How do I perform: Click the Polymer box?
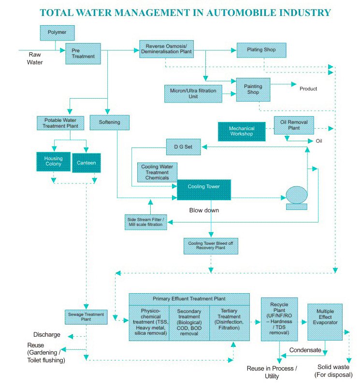click(x=57, y=33)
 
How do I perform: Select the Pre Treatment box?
click(x=83, y=54)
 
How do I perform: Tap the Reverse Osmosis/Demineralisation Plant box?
click(x=166, y=49)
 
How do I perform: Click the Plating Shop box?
click(x=261, y=50)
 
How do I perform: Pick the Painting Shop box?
click(x=253, y=89)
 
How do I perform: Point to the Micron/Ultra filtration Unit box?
click(x=193, y=93)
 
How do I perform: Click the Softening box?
click(x=109, y=122)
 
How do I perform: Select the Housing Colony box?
click(x=54, y=162)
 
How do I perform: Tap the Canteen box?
click(x=86, y=163)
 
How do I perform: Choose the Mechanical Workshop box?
click(x=241, y=131)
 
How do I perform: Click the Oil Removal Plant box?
click(x=294, y=125)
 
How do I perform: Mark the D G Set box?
click(x=183, y=146)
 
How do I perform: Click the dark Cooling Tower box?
click(x=203, y=189)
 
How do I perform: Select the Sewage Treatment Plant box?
click(x=86, y=317)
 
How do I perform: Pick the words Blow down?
click(x=204, y=210)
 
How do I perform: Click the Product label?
click(x=308, y=89)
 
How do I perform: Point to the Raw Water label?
click(x=35, y=58)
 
